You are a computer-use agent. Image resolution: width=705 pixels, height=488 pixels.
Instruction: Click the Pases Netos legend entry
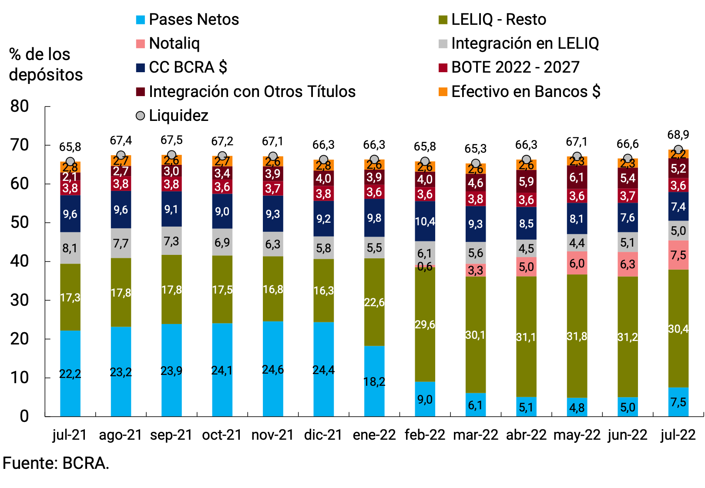[x=188, y=20]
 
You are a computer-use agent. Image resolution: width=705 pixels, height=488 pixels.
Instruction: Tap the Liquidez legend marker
[x=140, y=116]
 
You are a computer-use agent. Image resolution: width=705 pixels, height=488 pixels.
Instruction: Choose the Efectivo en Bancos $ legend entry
[x=520, y=92]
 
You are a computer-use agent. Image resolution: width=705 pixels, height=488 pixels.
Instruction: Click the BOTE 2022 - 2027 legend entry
[x=509, y=67]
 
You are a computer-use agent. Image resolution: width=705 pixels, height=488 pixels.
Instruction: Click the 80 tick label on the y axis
[x=20, y=106]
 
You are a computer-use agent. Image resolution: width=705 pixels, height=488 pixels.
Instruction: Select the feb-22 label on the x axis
[x=425, y=435]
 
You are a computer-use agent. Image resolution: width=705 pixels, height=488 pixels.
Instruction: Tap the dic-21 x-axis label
[x=323, y=435]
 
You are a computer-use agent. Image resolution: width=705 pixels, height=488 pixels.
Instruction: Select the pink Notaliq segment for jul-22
[x=678, y=255]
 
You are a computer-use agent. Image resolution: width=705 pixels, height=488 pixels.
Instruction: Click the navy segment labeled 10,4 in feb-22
[x=425, y=221]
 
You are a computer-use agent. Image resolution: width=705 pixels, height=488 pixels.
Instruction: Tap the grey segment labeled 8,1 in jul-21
[x=70, y=248]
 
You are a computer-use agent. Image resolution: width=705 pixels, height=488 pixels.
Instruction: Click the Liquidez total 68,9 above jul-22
[x=678, y=135]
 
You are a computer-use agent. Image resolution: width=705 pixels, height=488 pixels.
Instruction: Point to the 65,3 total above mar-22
[x=475, y=149]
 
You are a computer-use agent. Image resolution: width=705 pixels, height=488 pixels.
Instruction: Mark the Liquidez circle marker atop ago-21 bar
[x=121, y=155]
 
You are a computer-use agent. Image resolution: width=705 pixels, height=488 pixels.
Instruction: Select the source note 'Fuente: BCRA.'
[x=56, y=464]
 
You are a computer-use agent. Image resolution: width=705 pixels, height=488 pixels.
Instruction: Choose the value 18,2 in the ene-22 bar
[x=374, y=381]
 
